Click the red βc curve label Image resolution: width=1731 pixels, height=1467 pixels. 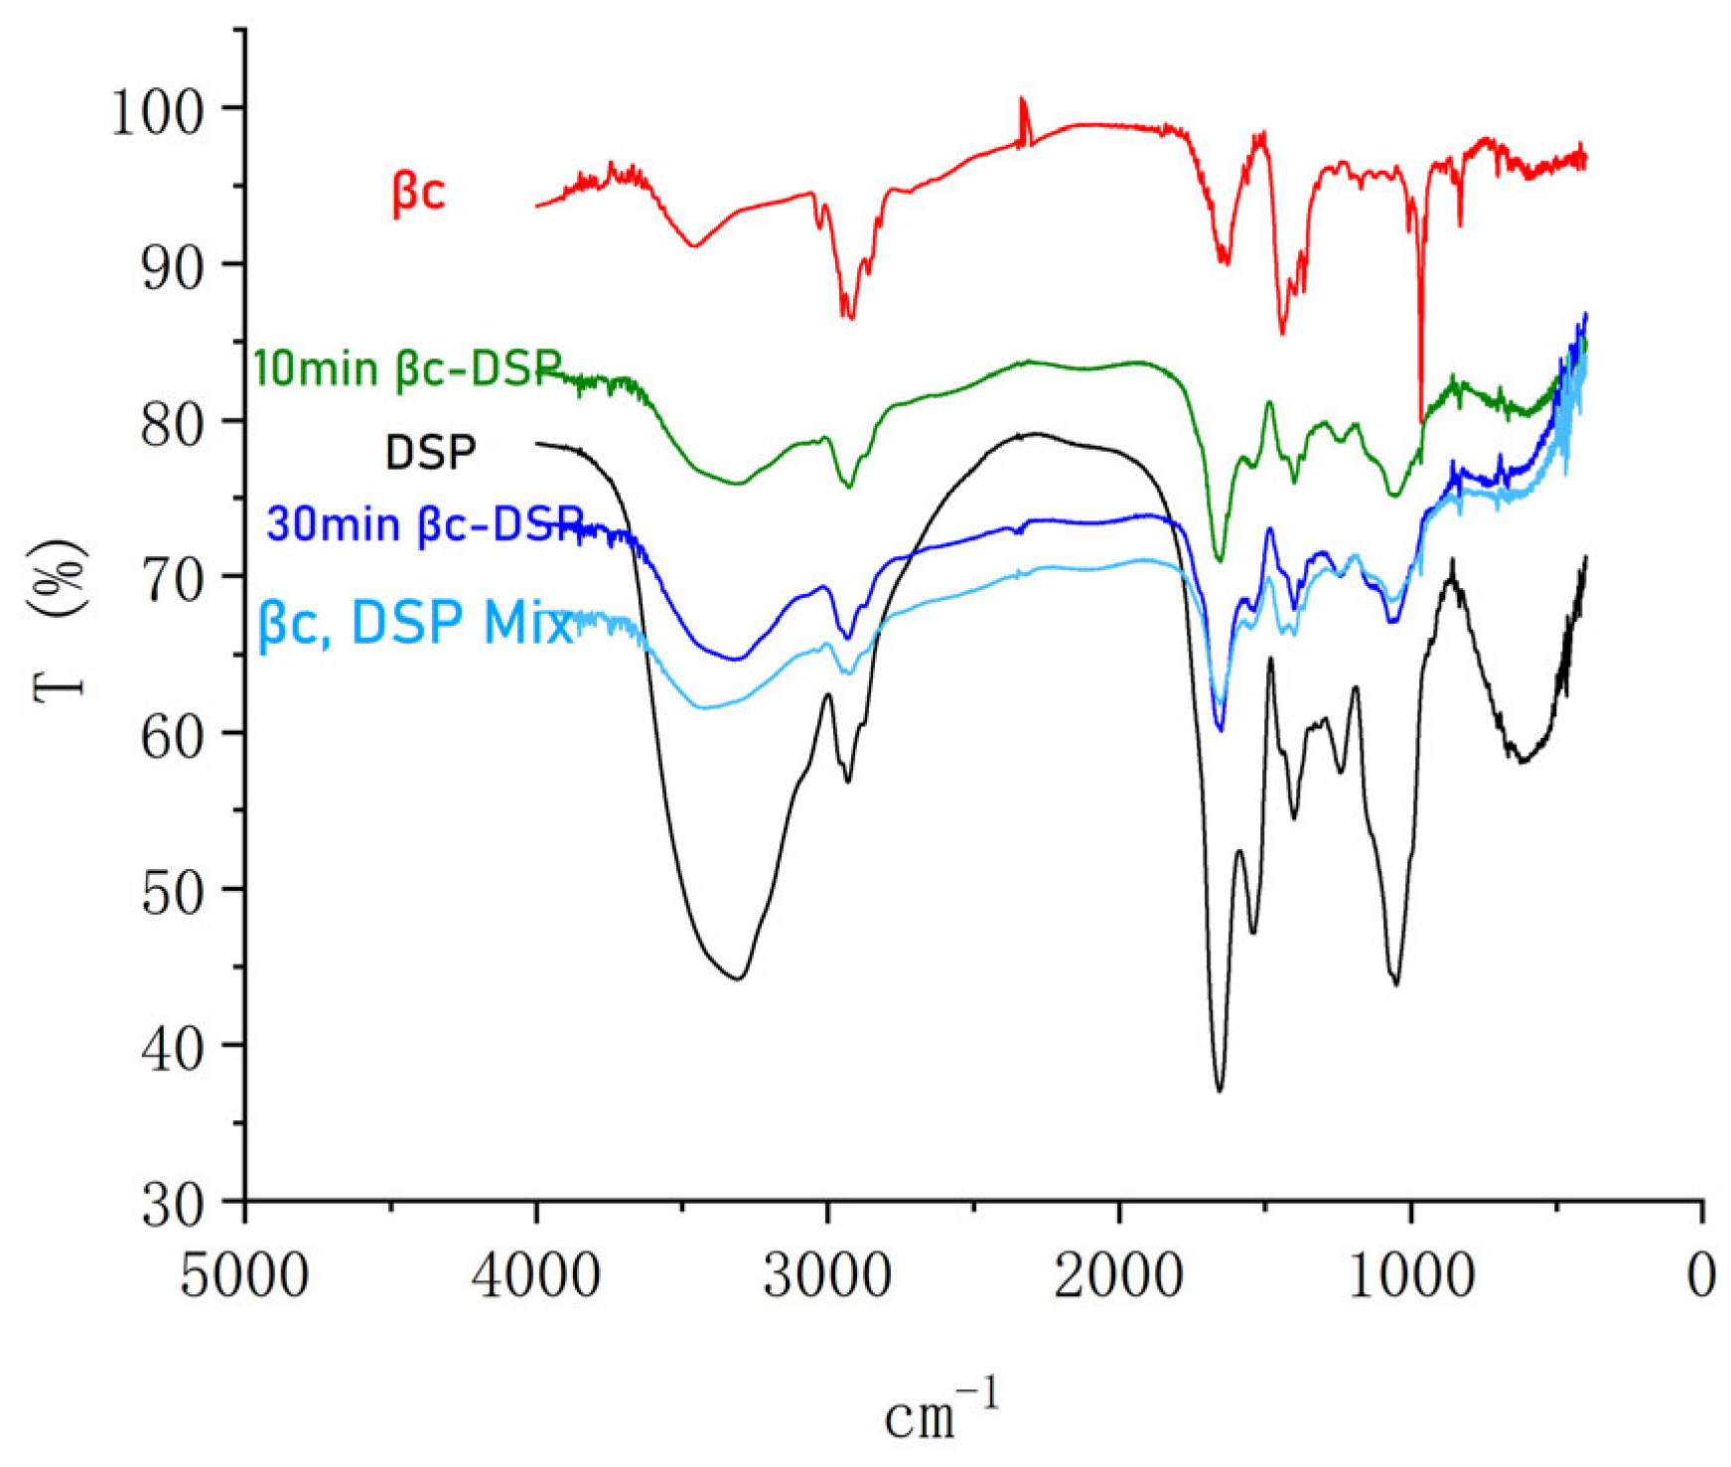[x=419, y=192]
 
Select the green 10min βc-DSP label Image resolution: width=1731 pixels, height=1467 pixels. [x=407, y=368]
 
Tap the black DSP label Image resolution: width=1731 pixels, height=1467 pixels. [x=430, y=453]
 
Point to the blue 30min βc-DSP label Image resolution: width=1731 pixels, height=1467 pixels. [x=425, y=524]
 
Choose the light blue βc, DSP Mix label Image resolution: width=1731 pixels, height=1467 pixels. [x=415, y=624]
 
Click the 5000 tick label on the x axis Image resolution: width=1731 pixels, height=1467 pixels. [x=244, y=1274]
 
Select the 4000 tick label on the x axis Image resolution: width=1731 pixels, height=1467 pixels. [x=536, y=1274]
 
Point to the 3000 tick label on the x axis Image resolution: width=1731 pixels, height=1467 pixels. [x=827, y=1274]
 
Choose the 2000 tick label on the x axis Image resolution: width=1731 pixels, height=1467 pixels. [x=1119, y=1274]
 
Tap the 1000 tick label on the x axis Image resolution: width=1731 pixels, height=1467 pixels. [x=1411, y=1274]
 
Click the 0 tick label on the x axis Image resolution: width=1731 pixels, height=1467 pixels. [x=1702, y=1274]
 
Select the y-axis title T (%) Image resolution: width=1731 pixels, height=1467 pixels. [x=60, y=621]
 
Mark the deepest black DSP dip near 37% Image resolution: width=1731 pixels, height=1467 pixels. [x=1220, y=1091]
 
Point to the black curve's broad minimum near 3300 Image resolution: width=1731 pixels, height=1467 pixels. [x=738, y=978]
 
